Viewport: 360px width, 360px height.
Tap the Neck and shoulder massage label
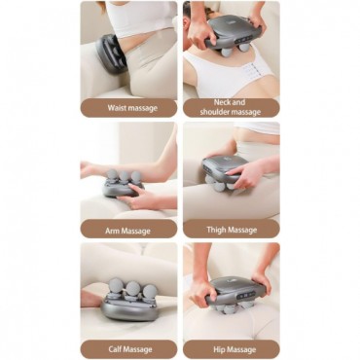pos(231,108)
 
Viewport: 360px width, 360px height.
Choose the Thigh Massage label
pos(232,229)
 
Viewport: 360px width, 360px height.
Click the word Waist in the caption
pos(116,108)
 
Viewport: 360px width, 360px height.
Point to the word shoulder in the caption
pos(215,112)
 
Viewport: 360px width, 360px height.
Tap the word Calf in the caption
pos(115,349)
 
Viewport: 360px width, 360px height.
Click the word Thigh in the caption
pos(216,230)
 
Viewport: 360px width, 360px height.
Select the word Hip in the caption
pos(219,349)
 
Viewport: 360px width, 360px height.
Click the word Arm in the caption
pos(111,231)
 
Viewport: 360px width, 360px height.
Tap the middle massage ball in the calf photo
pos(133,288)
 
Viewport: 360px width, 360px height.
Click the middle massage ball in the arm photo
pos(125,177)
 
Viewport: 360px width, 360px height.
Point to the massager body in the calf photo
pos(129,309)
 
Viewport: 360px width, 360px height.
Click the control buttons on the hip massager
pos(247,296)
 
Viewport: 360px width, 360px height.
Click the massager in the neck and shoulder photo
pos(233,35)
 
